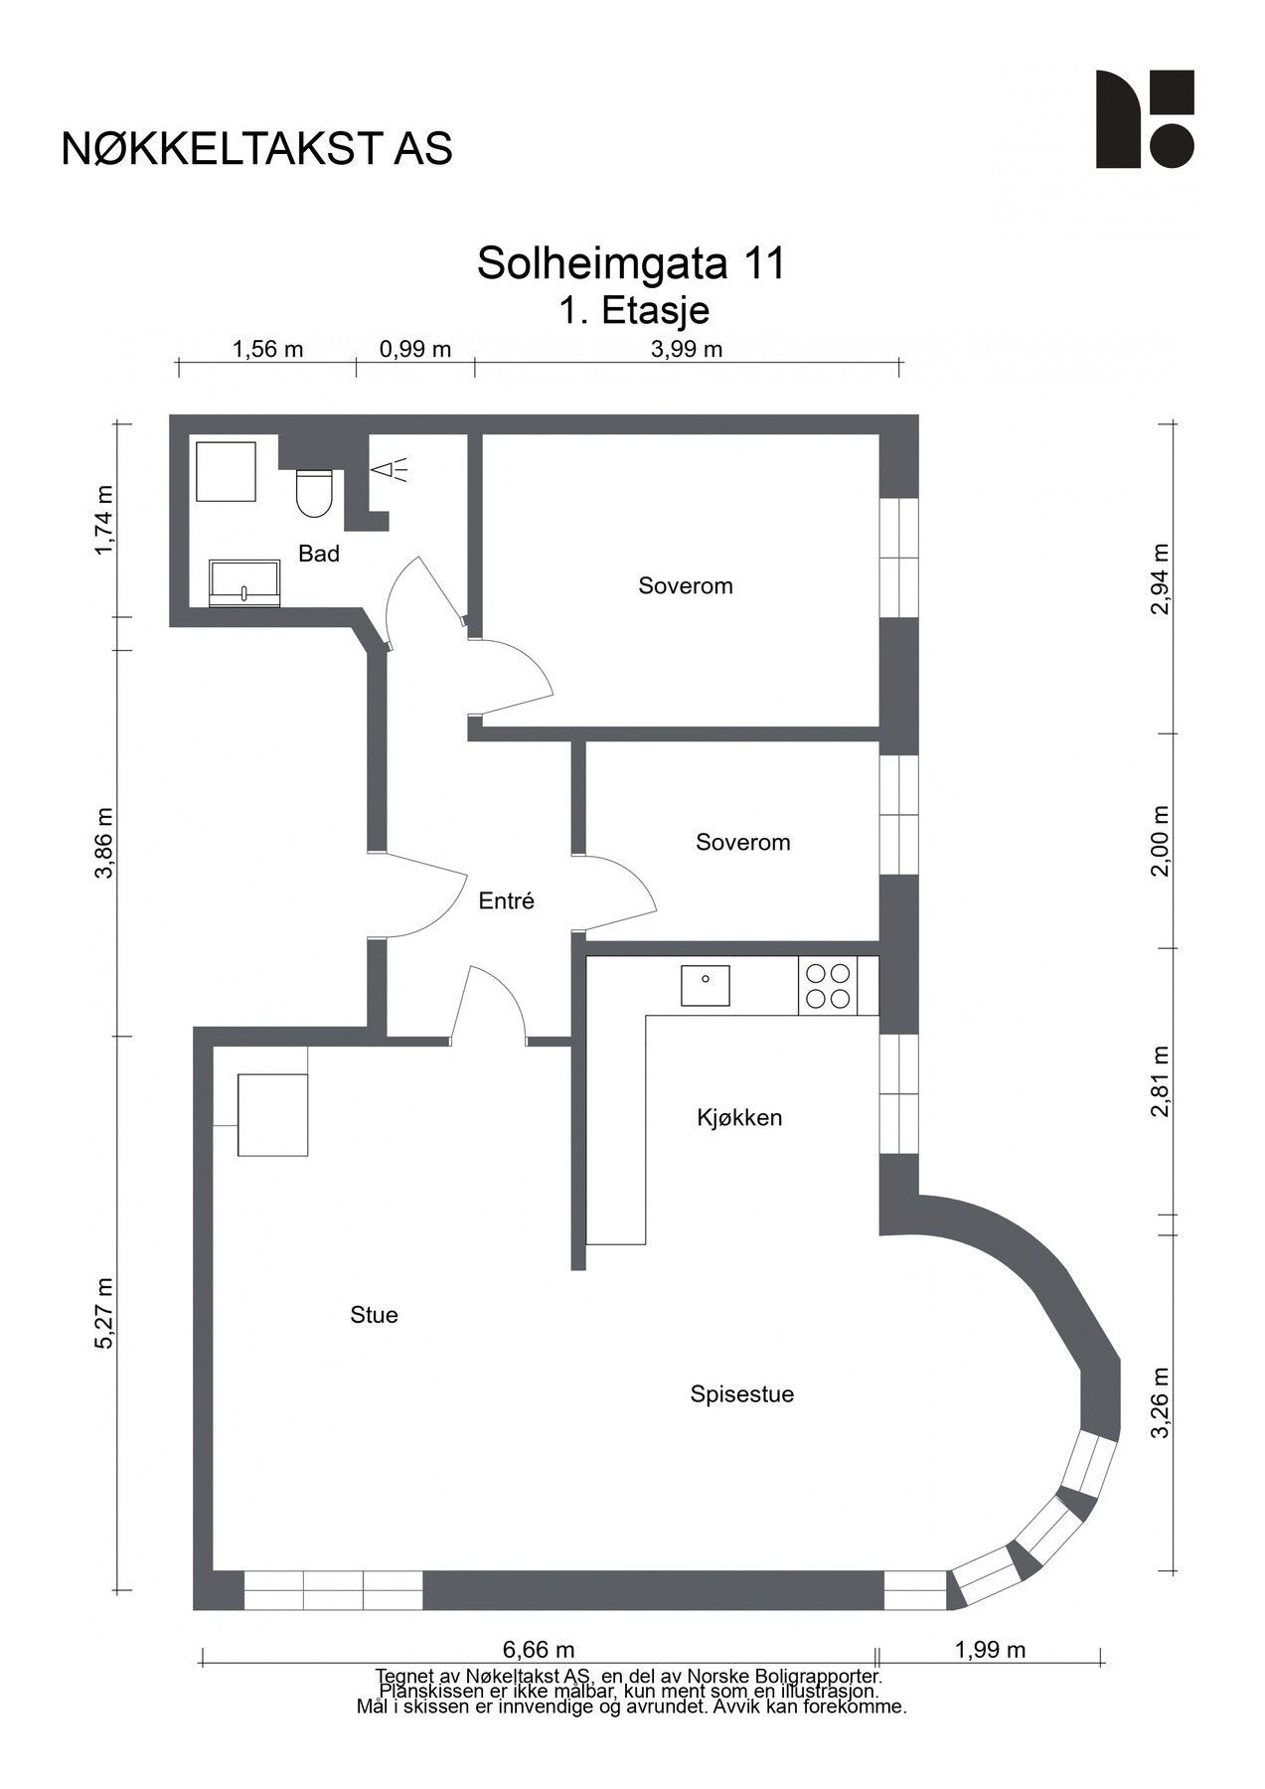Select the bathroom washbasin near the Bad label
[244, 582]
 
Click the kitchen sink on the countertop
[706, 985]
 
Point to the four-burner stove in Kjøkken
[828, 986]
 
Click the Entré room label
[506, 901]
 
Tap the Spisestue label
[741, 1394]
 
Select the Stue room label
[374, 1315]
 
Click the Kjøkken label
[738, 1118]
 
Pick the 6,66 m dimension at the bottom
[539, 1650]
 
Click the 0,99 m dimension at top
[415, 349]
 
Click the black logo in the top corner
[1144, 118]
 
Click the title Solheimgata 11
[631, 263]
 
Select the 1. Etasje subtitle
[633, 311]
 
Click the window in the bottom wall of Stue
[333, 1590]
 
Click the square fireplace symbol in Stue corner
[272, 1114]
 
